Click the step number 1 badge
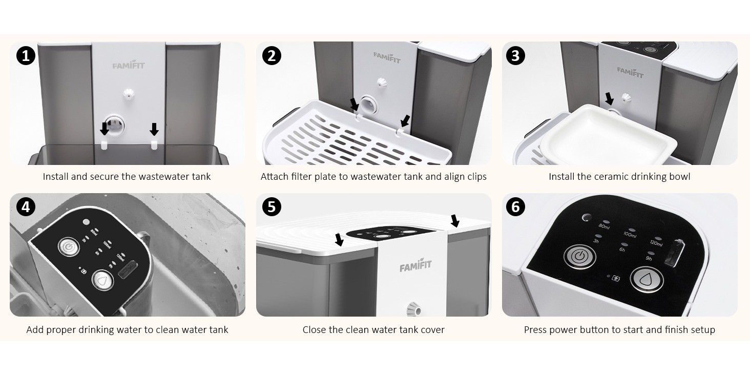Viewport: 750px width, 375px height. pyautogui.click(x=26, y=55)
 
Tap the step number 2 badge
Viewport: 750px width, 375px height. pyautogui.click(x=272, y=55)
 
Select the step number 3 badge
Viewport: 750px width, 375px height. pyautogui.click(x=515, y=55)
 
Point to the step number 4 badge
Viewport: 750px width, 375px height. pyautogui.click(x=26, y=207)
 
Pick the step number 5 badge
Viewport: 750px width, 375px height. pyautogui.click(x=272, y=207)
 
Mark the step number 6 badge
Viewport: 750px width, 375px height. pyautogui.click(x=515, y=207)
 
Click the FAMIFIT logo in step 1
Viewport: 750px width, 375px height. pyautogui.click(x=129, y=65)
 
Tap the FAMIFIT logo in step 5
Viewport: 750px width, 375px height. pyautogui.click(x=415, y=265)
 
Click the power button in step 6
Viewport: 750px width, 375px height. pyautogui.click(x=579, y=257)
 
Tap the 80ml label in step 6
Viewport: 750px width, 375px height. pyautogui.click(x=603, y=226)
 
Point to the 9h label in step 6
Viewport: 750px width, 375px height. pyautogui.click(x=649, y=259)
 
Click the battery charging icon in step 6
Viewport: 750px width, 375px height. pyautogui.click(x=615, y=278)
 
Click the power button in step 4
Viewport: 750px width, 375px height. pyautogui.click(x=69, y=247)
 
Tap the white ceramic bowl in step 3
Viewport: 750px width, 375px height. pyautogui.click(x=608, y=136)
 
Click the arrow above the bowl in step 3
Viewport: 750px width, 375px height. pyautogui.click(x=610, y=99)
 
